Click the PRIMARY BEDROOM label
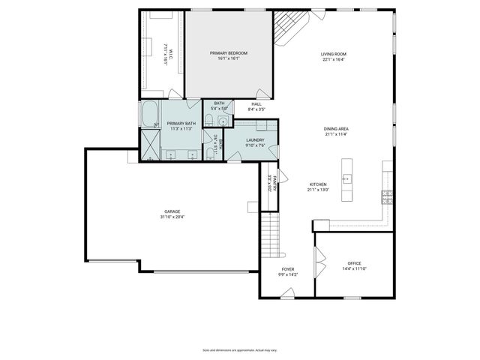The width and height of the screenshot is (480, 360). pos(229,53)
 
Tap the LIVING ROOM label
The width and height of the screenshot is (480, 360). pos(333,54)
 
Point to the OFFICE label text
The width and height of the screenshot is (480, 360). pos(354,263)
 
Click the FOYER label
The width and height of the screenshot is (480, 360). pos(288,268)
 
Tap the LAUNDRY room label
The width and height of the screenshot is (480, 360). pos(254,139)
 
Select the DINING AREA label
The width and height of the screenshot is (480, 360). pos(336,129)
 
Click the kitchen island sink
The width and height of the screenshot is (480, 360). pos(347,178)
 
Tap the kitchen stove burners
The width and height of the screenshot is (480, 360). pos(387,197)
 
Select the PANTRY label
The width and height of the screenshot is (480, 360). pos(275,182)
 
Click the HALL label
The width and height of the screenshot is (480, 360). pos(256,104)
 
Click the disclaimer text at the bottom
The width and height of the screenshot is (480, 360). pos(240,349)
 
